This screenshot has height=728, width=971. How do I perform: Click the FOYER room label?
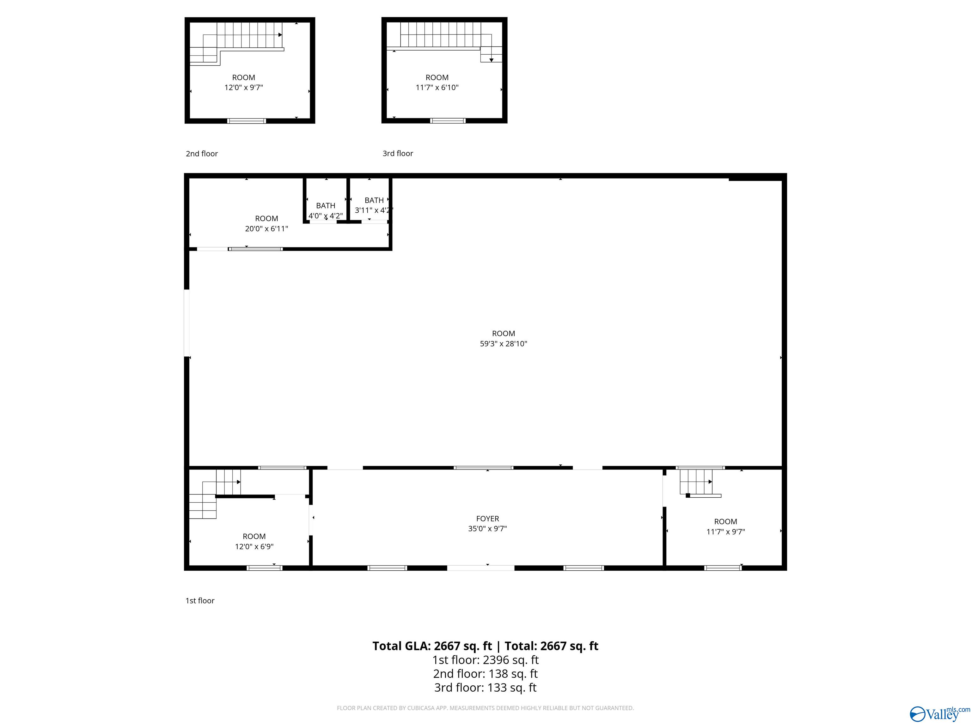[487, 518]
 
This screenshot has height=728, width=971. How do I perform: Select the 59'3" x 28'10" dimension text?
[503, 343]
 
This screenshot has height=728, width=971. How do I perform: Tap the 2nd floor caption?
[201, 154]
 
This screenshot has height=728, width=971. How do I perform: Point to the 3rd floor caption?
[398, 153]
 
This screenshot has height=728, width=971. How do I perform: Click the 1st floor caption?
[200, 600]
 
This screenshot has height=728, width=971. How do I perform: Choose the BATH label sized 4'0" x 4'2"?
[325, 205]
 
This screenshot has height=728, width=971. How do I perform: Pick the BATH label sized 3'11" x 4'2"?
[374, 200]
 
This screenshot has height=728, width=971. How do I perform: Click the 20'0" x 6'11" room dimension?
[266, 229]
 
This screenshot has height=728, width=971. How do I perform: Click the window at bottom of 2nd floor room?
[246, 121]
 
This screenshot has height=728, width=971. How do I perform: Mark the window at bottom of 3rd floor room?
[447, 120]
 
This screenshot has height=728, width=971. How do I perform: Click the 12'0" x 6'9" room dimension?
[254, 546]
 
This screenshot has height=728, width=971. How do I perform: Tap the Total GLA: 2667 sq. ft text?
[432, 646]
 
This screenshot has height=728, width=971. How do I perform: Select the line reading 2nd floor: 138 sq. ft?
[485, 674]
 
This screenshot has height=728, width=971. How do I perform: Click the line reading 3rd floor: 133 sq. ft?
[485, 688]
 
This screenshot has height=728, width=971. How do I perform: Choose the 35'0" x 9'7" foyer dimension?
[487, 529]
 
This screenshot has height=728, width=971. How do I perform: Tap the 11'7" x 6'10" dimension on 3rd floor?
[437, 87]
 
